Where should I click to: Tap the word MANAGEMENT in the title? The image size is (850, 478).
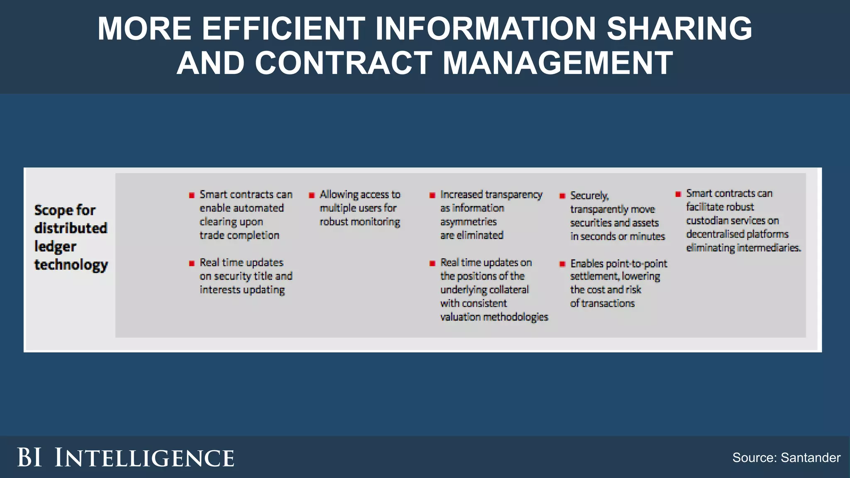tap(558, 63)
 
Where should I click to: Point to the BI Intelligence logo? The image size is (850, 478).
tap(125, 458)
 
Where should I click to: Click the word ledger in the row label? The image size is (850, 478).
tap(55, 246)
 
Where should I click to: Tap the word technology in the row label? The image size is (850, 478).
tap(71, 265)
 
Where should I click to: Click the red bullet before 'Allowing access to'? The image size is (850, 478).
tap(312, 195)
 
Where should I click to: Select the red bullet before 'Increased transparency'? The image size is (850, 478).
tap(432, 195)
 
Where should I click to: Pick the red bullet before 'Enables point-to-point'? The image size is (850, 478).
tap(562, 264)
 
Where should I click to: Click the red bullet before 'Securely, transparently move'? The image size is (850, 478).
tap(562, 196)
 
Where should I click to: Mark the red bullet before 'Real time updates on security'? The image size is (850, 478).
tap(192, 263)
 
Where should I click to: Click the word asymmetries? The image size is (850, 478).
tap(468, 222)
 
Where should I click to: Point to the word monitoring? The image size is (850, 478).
tap(375, 222)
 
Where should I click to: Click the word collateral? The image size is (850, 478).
tap(509, 290)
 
